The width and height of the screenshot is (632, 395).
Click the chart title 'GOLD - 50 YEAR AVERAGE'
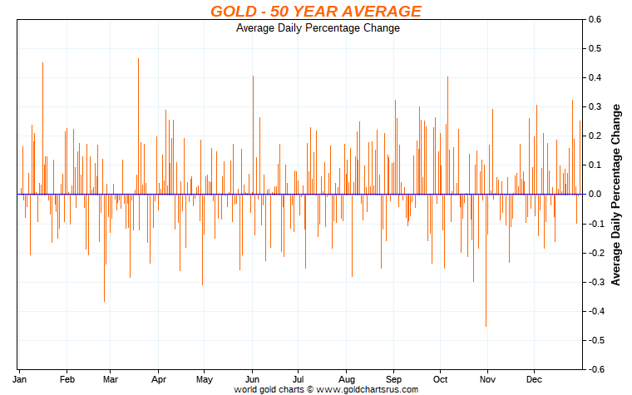tap(315, 11)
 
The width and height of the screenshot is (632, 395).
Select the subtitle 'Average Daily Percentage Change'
tap(318, 28)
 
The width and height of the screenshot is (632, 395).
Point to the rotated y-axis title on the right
tap(616, 195)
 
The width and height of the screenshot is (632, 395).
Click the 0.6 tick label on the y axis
tap(595, 19)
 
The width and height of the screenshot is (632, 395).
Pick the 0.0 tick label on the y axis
tap(595, 195)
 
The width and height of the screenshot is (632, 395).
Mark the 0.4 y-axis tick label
tap(595, 77)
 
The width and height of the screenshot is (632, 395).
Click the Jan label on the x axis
tap(22, 378)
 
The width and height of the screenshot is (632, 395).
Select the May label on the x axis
tap(205, 378)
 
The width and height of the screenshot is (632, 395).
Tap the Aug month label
tap(347, 378)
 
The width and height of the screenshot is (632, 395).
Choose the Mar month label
tap(111, 378)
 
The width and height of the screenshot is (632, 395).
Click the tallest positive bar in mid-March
tap(138, 125)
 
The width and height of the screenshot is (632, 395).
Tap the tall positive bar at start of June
tap(253, 134)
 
